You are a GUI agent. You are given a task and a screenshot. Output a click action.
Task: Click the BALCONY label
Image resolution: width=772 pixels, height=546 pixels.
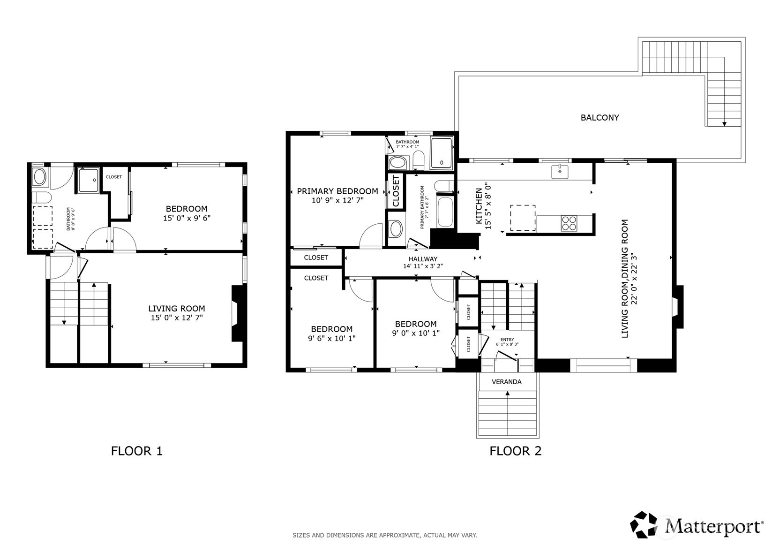600,118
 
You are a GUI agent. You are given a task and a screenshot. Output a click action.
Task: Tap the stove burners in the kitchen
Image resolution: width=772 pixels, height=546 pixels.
570,223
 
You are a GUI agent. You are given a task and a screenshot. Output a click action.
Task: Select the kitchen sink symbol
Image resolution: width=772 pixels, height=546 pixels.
560,172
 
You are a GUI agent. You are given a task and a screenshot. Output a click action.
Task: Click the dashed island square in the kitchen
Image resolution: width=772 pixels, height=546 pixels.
523,218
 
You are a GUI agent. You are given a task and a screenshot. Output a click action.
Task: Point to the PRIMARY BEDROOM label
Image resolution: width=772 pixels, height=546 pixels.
337,191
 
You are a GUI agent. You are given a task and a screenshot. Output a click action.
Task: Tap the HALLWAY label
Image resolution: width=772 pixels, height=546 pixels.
422,259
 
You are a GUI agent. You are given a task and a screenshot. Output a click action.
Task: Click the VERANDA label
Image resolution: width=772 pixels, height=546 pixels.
506,382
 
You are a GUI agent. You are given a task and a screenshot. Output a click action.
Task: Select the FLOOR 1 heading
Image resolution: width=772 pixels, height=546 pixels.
136,451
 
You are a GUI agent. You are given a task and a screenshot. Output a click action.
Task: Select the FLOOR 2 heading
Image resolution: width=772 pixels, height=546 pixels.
515,451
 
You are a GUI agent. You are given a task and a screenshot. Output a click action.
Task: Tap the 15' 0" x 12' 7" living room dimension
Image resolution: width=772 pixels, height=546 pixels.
176,318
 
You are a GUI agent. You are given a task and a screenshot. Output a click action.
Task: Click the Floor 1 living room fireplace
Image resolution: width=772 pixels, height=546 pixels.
238,313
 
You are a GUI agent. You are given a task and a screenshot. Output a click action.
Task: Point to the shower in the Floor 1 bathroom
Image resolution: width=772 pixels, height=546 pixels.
88,181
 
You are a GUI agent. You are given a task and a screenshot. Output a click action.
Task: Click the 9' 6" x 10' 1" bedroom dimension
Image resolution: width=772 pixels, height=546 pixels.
331,338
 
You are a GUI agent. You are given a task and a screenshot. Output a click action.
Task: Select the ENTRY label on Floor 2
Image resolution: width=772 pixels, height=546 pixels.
507,340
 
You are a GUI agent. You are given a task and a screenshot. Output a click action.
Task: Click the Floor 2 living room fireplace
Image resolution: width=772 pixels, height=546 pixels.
678,307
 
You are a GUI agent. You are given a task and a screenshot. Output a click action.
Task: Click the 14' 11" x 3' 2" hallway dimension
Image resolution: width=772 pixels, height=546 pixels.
422,266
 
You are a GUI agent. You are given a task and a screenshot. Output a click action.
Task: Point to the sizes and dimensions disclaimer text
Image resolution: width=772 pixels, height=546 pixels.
384,535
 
